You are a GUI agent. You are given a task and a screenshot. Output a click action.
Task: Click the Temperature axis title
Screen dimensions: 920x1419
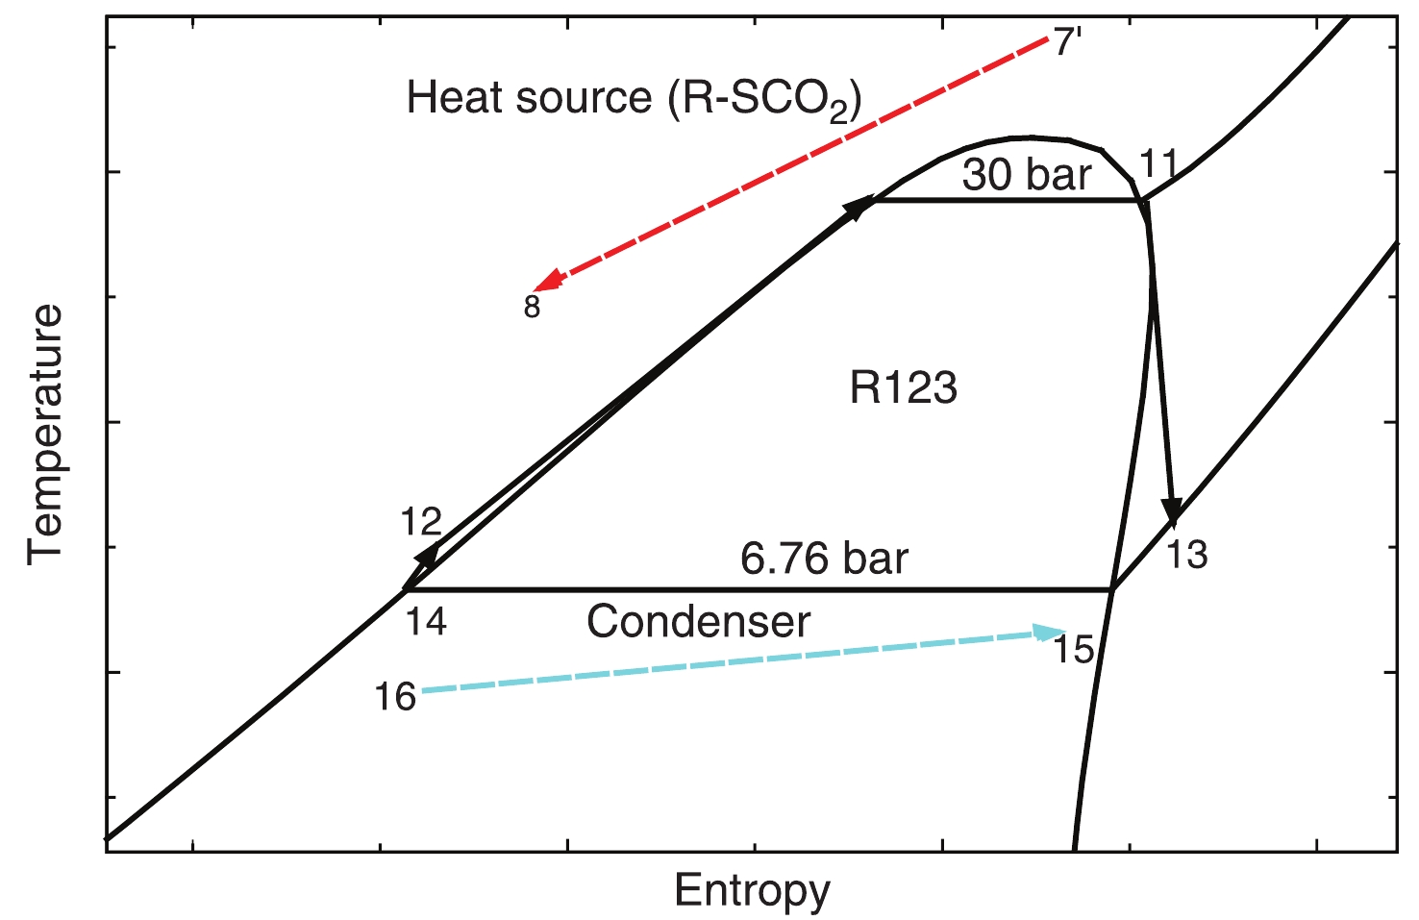(45, 435)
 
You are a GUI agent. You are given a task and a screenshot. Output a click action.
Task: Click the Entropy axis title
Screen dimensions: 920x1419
(752, 890)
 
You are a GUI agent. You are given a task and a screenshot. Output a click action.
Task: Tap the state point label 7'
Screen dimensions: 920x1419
(1068, 43)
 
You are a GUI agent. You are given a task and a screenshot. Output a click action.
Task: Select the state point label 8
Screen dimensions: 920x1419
(532, 307)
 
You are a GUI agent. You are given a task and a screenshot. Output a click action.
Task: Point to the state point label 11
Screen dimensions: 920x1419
(1158, 164)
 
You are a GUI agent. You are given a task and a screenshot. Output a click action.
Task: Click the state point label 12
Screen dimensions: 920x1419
(421, 522)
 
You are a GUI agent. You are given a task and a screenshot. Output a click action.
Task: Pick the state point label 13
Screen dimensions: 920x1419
(1187, 555)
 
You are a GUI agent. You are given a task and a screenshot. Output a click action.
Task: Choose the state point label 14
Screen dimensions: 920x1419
(426, 622)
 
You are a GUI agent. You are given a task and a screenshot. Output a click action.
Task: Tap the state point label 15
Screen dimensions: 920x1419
(1074, 651)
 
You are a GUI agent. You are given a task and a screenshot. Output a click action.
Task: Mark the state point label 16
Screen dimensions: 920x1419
(395, 697)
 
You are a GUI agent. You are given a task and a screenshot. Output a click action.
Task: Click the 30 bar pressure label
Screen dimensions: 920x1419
(1027, 175)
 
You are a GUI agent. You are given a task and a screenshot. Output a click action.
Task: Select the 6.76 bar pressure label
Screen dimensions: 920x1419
(824, 559)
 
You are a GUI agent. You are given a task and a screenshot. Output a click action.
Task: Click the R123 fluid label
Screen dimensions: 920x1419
(904, 388)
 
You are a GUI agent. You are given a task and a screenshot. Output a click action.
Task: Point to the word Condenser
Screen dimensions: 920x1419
(699, 622)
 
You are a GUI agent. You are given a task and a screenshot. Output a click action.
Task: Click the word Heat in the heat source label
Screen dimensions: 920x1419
(448, 97)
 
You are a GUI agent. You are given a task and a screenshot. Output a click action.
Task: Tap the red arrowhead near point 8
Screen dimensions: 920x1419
(547, 281)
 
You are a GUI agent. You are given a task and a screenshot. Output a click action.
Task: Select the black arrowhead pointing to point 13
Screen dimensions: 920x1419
(1171, 510)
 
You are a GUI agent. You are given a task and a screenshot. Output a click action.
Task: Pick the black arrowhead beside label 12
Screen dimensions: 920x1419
(428, 554)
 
